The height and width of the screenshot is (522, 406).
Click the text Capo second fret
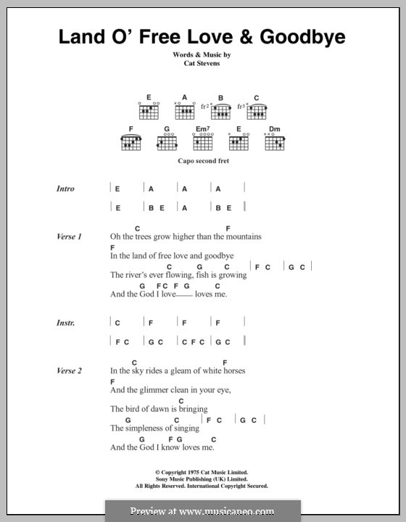(202, 161)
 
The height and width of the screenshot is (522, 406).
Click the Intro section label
(65, 188)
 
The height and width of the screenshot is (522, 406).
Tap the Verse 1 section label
(69, 236)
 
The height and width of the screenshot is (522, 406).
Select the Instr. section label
(65, 322)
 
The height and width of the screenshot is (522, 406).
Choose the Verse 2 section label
(69, 370)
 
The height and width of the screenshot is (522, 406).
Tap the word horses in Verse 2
(231, 371)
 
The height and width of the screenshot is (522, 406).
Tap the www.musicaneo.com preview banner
(203, 510)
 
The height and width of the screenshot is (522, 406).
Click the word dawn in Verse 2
(161, 410)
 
